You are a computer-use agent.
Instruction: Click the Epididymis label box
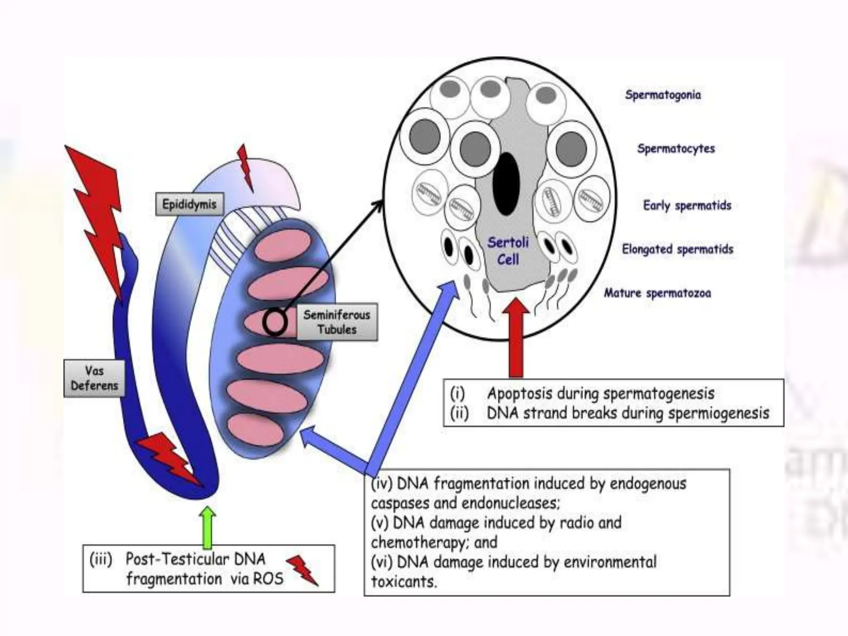click(189, 204)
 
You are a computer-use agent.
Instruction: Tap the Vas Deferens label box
click(94, 378)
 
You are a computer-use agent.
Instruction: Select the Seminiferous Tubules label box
click(337, 322)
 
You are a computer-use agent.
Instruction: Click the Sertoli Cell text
click(508, 251)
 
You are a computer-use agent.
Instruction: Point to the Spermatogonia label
click(663, 95)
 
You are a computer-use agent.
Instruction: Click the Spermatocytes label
click(676, 149)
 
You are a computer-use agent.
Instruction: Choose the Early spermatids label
click(687, 205)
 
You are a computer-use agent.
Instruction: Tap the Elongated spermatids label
click(677, 249)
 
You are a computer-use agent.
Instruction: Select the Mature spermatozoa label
click(657, 293)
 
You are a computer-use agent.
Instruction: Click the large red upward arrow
click(516, 337)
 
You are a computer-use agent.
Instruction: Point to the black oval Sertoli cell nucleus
click(506, 183)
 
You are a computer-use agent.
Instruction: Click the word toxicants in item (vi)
click(404, 582)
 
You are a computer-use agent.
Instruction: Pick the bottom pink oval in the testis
click(255, 430)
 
